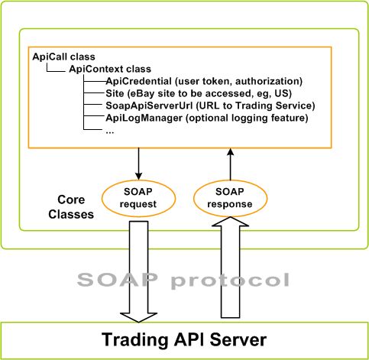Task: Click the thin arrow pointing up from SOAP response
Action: click(228, 163)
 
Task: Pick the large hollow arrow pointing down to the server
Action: click(138, 268)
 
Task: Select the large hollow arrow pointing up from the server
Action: click(228, 268)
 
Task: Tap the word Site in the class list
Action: click(115, 93)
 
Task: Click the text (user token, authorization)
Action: click(240, 81)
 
